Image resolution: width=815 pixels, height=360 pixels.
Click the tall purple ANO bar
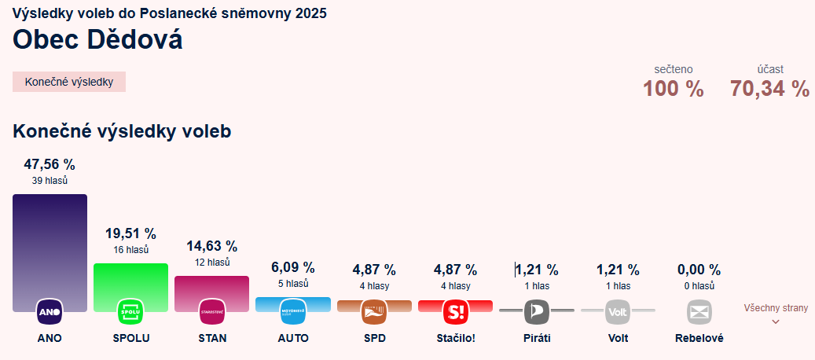point(50,244)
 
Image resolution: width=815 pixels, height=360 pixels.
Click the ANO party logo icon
point(50,312)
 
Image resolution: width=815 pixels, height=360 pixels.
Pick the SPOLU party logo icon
point(130,312)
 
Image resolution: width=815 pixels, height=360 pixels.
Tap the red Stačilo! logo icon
point(455,312)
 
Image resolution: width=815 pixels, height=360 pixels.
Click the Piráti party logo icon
point(537,312)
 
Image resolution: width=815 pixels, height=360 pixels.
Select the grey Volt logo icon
point(618,312)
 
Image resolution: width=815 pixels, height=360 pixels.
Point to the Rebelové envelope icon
point(699,312)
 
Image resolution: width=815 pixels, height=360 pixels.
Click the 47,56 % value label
point(50,164)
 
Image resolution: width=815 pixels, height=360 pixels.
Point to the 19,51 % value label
point(130,233)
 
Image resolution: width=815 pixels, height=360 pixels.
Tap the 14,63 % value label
point(211,246)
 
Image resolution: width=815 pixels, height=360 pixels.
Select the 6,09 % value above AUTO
point(293,267)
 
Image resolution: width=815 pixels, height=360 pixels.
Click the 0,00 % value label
point(699,270)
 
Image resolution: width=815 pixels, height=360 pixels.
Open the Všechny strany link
point(776,308)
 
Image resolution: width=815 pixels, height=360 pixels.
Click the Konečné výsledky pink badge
point(69,82)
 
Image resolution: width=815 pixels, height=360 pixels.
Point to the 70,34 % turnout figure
point(769,89)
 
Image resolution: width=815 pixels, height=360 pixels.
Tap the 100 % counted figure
point(674,89)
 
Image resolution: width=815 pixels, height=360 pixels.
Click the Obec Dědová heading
point(97,39)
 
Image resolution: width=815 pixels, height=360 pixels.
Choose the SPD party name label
point(374,338)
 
